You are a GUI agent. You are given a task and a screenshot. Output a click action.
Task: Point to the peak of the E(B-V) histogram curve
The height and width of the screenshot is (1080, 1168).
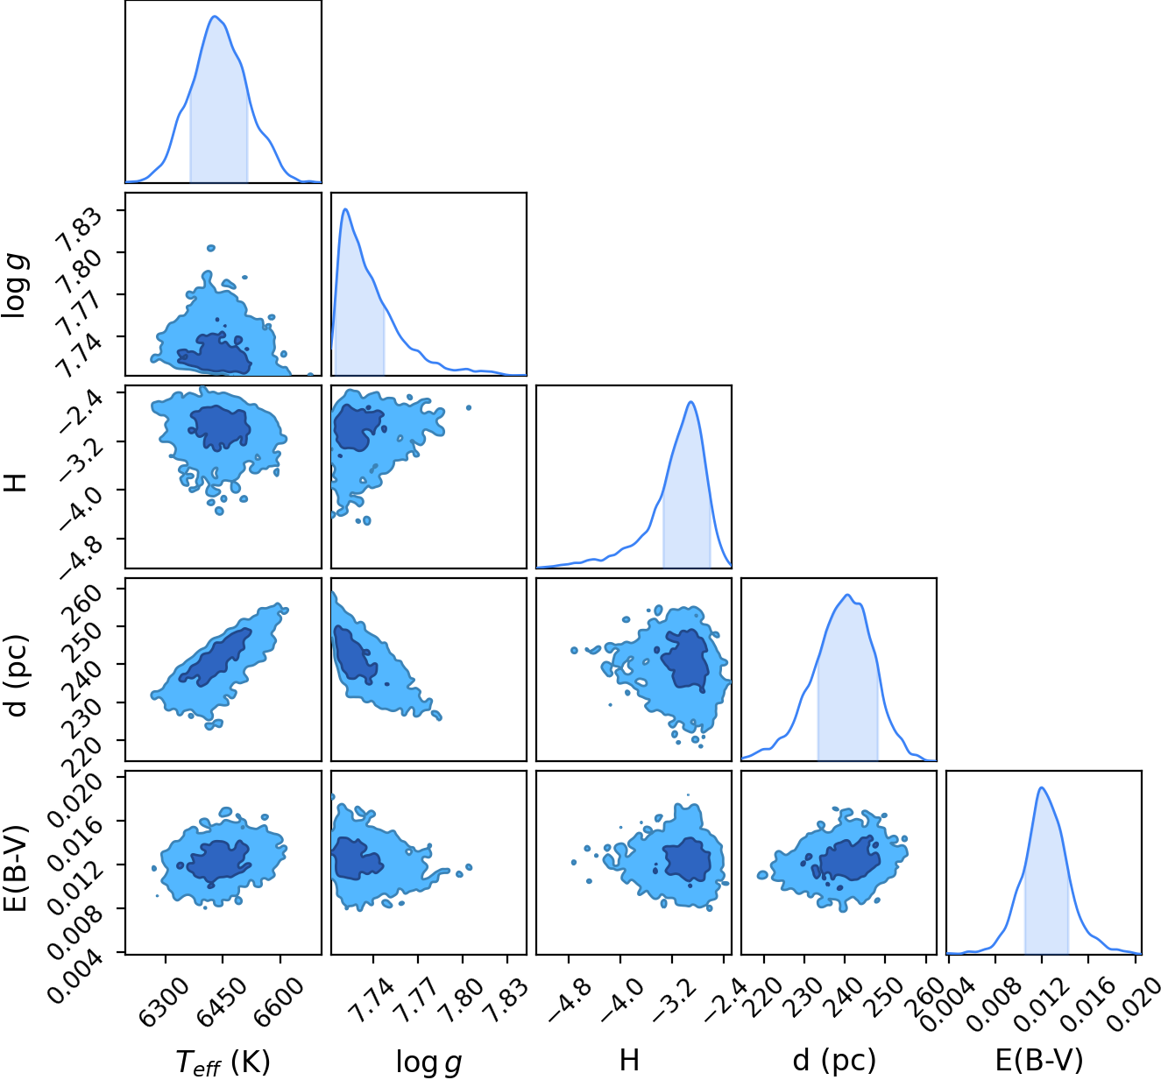pos(1042,787)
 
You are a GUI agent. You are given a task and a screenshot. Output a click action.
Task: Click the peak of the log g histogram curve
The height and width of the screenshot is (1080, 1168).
pos(346,208)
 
